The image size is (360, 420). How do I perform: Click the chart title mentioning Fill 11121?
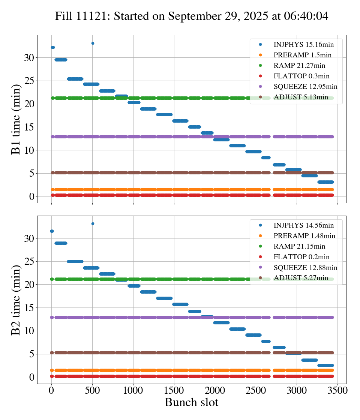[x=192, y=16]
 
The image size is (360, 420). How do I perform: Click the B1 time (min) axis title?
[x=16, y=119]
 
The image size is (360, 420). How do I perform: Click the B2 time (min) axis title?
[x=16, y=300]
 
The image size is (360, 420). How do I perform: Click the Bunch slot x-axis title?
[x=191, y=402]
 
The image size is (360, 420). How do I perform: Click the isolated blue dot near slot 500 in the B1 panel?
[x=93, y=43]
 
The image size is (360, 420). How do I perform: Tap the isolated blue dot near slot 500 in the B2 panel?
[x=93, y=223]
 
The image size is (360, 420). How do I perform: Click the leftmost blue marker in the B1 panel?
[x=52, y=47]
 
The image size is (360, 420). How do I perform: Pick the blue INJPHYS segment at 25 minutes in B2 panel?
[x=75, y=261]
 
